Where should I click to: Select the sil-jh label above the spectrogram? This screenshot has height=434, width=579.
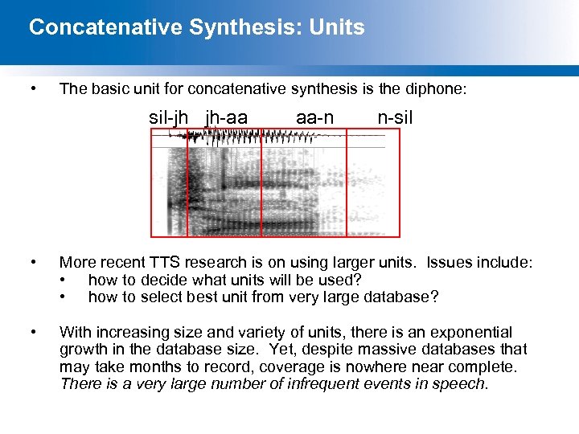[x=169, y=118]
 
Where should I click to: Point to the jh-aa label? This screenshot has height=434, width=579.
[x=227, y=118]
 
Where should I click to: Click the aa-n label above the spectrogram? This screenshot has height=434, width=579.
[x=314, y=118]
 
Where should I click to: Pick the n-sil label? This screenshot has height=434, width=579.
[x=395, y=118]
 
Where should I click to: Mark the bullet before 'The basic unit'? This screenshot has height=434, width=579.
[x=32, y=89]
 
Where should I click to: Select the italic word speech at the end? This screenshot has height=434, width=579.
[x=461, y=383]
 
